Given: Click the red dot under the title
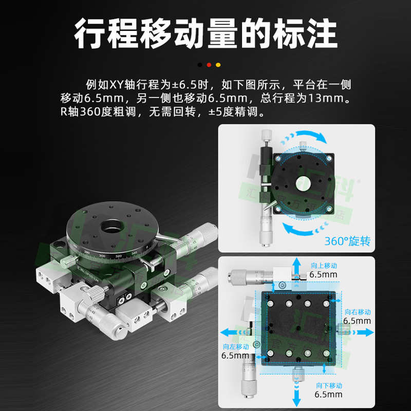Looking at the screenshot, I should pyautogui.click(x=209, y=65).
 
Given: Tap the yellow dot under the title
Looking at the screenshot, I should pyautogui.click(x=218, y=65).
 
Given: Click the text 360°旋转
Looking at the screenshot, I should pyautogui.click(x=347, y=241).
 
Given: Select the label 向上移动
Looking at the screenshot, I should pyautogui.click(x=324, y=266).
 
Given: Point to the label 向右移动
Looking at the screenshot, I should pyautogui.click(x=358, y=312).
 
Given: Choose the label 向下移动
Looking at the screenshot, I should pyautogui.click(x=329, y=385).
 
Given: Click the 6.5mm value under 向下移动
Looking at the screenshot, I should pyautogui.click(x=329, y=395).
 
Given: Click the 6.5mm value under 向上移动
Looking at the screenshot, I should pyautogui.click(x=324, y=275).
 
